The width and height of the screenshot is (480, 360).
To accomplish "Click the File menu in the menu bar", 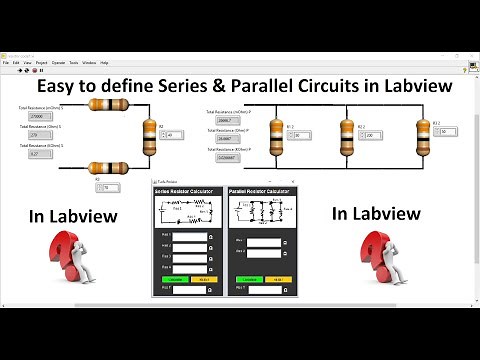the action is coord(5,62).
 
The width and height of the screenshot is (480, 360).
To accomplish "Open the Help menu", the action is coord(104,62).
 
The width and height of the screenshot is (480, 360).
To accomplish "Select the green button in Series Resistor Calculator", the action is coord(169,277).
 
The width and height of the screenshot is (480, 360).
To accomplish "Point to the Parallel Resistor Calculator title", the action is coord(259,190).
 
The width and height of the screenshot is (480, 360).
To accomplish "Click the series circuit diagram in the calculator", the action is coord(185,211).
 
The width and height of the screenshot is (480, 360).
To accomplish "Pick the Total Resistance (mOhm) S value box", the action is coord(34,116).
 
